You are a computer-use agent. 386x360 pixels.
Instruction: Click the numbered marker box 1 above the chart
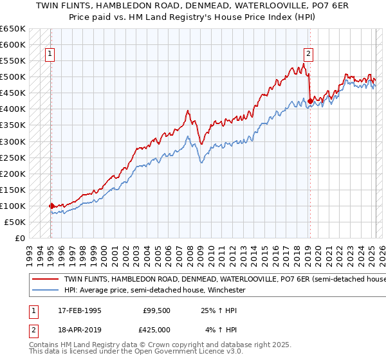point(50,55)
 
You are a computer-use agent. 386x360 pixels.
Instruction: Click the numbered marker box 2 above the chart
point(309,55)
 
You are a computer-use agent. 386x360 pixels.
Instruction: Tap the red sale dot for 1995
point(51,206)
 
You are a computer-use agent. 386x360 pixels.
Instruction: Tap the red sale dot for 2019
point(310,101)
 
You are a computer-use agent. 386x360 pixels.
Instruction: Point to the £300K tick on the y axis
point(14,141)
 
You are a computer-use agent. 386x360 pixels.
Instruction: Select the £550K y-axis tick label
point(14,61)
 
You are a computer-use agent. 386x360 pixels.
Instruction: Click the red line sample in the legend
point(45,280)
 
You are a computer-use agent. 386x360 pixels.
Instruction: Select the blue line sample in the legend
point(45,291)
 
